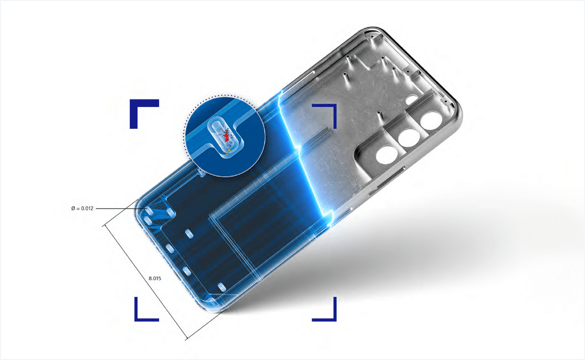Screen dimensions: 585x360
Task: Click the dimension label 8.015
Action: [x=155, y=278]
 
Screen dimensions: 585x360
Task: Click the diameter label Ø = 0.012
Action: [x=82, y=208]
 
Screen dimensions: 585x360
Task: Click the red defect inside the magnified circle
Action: [x=226, y=136]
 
